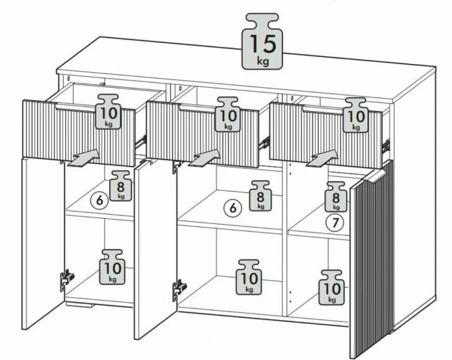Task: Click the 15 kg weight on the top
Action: [262, 41]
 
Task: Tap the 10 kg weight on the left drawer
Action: [108, 112]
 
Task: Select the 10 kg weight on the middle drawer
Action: [228, 114]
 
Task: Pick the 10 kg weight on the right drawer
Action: [356, 115]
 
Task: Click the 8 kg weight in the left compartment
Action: [121, 186]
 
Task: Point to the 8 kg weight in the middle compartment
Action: [260, 196]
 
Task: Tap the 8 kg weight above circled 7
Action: [336, 197]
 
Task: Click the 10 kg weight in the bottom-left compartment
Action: [112, 267]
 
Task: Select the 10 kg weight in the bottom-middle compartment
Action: [249, 277]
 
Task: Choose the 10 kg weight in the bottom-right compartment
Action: [331, 288]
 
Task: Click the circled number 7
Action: [334, 223]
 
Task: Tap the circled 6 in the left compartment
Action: [99, 200]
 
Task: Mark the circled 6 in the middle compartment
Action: [233, 208]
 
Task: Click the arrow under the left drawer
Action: [83, 158]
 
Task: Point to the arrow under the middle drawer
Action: [205, 158]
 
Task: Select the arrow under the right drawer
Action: [322, 158]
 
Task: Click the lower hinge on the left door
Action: [67, 279]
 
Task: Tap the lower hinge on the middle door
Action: [179, 290]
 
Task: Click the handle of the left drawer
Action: [76, 107]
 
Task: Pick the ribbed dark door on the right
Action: [372, 259]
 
